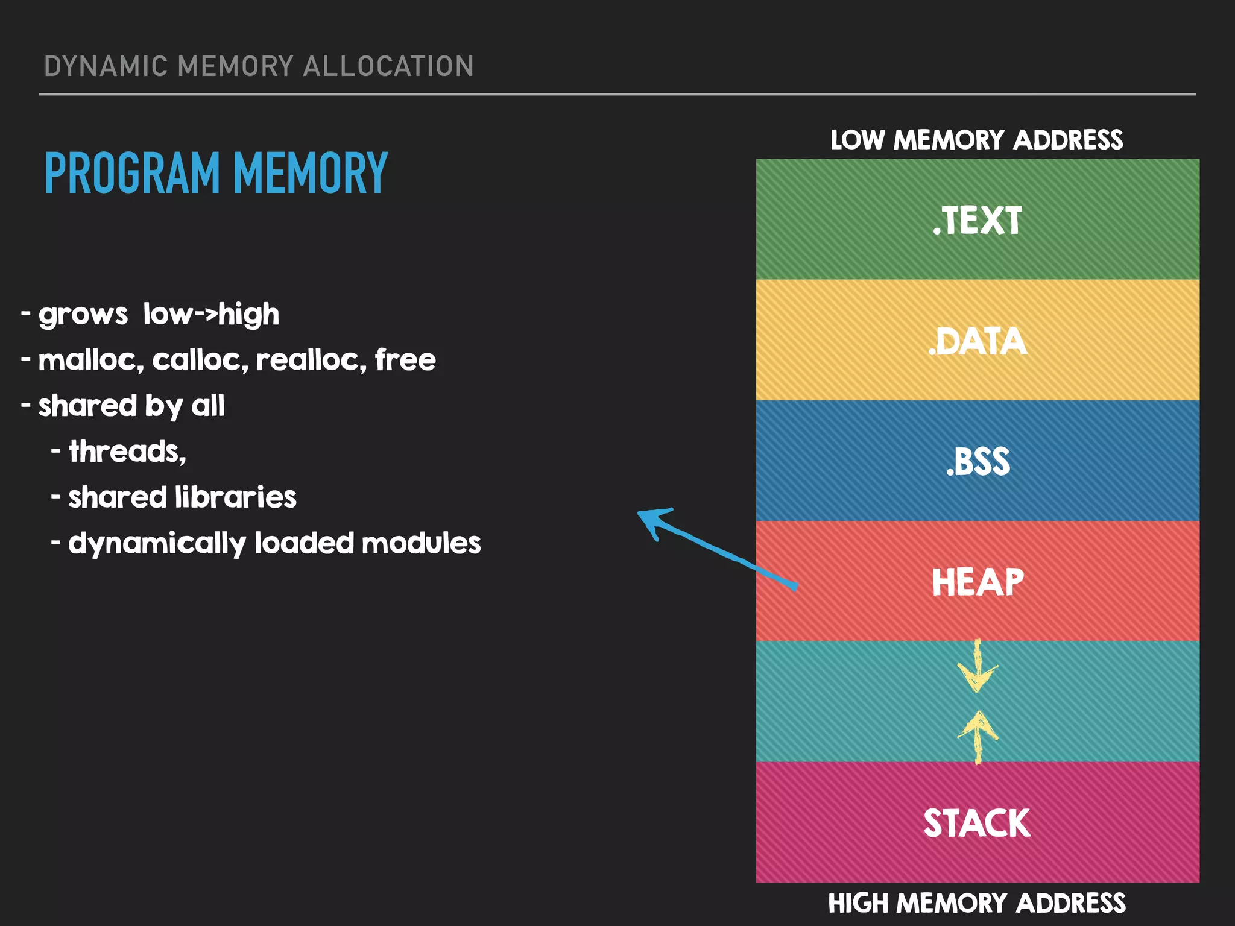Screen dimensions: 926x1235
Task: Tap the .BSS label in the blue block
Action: tap(978, 462)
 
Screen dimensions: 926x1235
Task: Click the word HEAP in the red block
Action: tap(978, 582)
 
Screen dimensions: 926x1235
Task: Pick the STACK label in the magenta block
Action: tap(977, 824)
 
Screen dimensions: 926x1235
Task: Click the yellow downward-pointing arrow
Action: tap(978, 667)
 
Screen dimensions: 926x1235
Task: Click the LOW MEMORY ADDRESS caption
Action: tap(976, 140)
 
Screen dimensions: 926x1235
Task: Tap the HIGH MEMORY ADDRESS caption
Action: tap(976, 903)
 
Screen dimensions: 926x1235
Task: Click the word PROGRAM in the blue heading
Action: tap(132, 174)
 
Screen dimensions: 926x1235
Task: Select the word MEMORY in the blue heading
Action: tap(310, 174)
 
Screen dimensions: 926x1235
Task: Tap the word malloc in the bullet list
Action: tap(90, 360)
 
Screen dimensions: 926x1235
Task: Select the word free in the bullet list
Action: tap(405, 360)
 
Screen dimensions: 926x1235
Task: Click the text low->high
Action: tap(211, 314)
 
